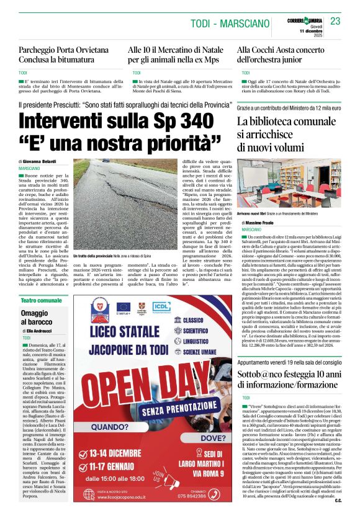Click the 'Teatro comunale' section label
coord(42,301)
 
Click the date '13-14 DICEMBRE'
coord(119,452)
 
